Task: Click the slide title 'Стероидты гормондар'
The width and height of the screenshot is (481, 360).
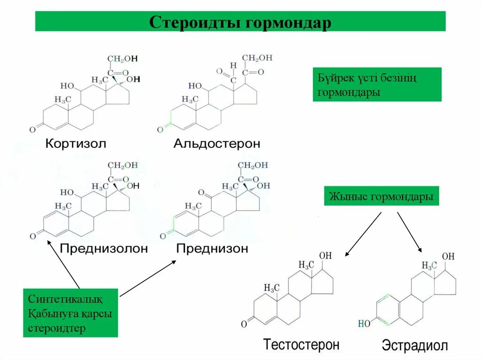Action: [x=240, y=22]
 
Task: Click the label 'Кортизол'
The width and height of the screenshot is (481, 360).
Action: [x=76, y=143]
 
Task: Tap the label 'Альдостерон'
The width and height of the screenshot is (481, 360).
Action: [x=217, y=143]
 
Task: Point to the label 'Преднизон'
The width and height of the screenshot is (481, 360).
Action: [x=212, y=248]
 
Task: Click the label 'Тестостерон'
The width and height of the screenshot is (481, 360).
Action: [x=301, y=345]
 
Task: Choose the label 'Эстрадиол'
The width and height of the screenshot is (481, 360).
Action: [x=415, y=346]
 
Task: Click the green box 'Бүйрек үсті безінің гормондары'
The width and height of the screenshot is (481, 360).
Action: [x=377, y=84]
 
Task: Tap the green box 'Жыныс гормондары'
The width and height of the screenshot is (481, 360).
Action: [x=381, y=197]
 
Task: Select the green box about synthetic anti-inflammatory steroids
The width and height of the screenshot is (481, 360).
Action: [x=70, y=313]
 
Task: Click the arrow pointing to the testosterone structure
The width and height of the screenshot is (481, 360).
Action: [x=363, y=234]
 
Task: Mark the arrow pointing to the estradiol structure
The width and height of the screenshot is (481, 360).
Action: [x=410, y=232]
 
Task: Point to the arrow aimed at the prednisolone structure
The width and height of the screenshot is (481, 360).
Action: [x=63, y=264]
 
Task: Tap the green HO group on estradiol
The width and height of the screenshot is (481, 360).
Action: [x=364, y=323]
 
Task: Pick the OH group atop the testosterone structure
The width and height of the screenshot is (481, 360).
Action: [x=326, y=256]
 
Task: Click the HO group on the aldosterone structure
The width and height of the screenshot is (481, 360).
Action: [x=195, y=86]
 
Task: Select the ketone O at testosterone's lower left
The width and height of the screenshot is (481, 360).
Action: [x=244, y=323]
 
